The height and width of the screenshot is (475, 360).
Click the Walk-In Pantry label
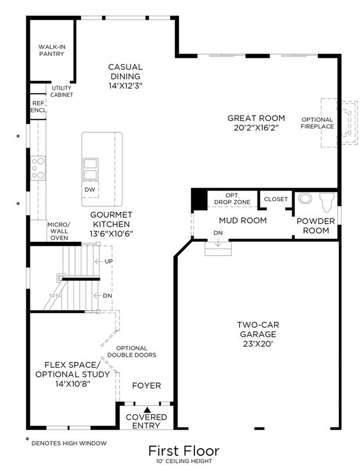(52, 50)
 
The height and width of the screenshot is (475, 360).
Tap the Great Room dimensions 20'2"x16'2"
(256, 128)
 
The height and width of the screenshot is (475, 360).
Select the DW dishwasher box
(90, 189)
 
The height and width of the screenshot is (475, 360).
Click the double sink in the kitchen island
(90, 170)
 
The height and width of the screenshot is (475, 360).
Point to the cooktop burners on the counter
(38, 168)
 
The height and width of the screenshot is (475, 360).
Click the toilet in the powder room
(328, 202)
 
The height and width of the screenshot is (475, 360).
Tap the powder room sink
(305, 198)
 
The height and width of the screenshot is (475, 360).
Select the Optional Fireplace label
(317, 123)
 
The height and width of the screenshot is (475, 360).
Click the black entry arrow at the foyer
(147, 410)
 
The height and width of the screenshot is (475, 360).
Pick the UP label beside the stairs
(108, 261)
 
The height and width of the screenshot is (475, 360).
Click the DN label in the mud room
(218, 233)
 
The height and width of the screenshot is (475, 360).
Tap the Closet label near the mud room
(276, 199)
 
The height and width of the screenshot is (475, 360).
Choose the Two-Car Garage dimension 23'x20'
(258, 344)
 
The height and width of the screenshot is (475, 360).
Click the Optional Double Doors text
(132, 351)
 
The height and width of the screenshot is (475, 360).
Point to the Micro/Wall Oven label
(59, 231)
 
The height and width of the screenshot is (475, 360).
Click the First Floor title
(183, 451)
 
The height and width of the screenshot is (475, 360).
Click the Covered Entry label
(146, 421)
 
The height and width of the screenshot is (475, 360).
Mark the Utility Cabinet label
(62, 91)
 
